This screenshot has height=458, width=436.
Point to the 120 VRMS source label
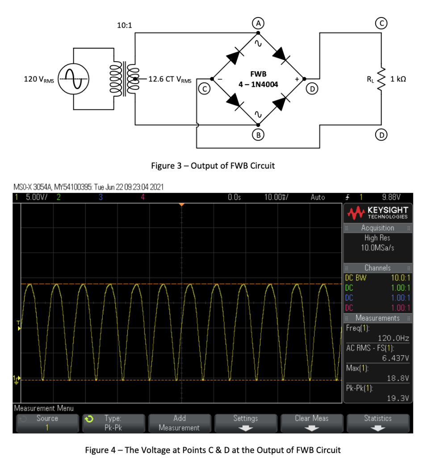[x=39, y=80]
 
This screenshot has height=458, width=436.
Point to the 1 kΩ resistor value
[x=398, y=79]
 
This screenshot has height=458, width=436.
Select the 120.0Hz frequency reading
[x=393, y=338]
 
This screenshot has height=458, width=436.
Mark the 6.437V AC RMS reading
[x=396, y=358]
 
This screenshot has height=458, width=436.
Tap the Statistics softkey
[x=377, y=422]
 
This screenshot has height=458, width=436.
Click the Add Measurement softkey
[x=179, y=423]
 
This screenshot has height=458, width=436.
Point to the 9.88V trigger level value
[x=391, y=197]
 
